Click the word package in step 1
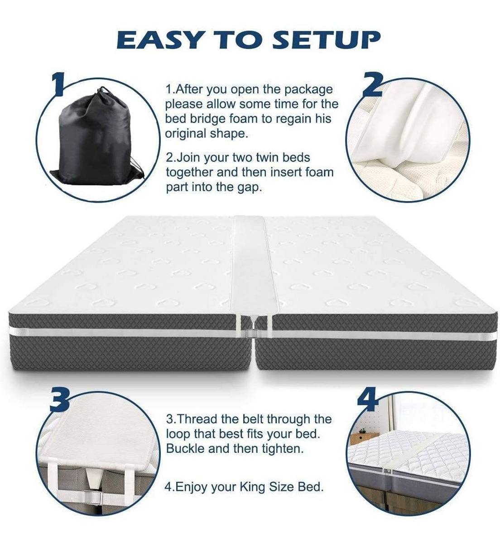point(308,90)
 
